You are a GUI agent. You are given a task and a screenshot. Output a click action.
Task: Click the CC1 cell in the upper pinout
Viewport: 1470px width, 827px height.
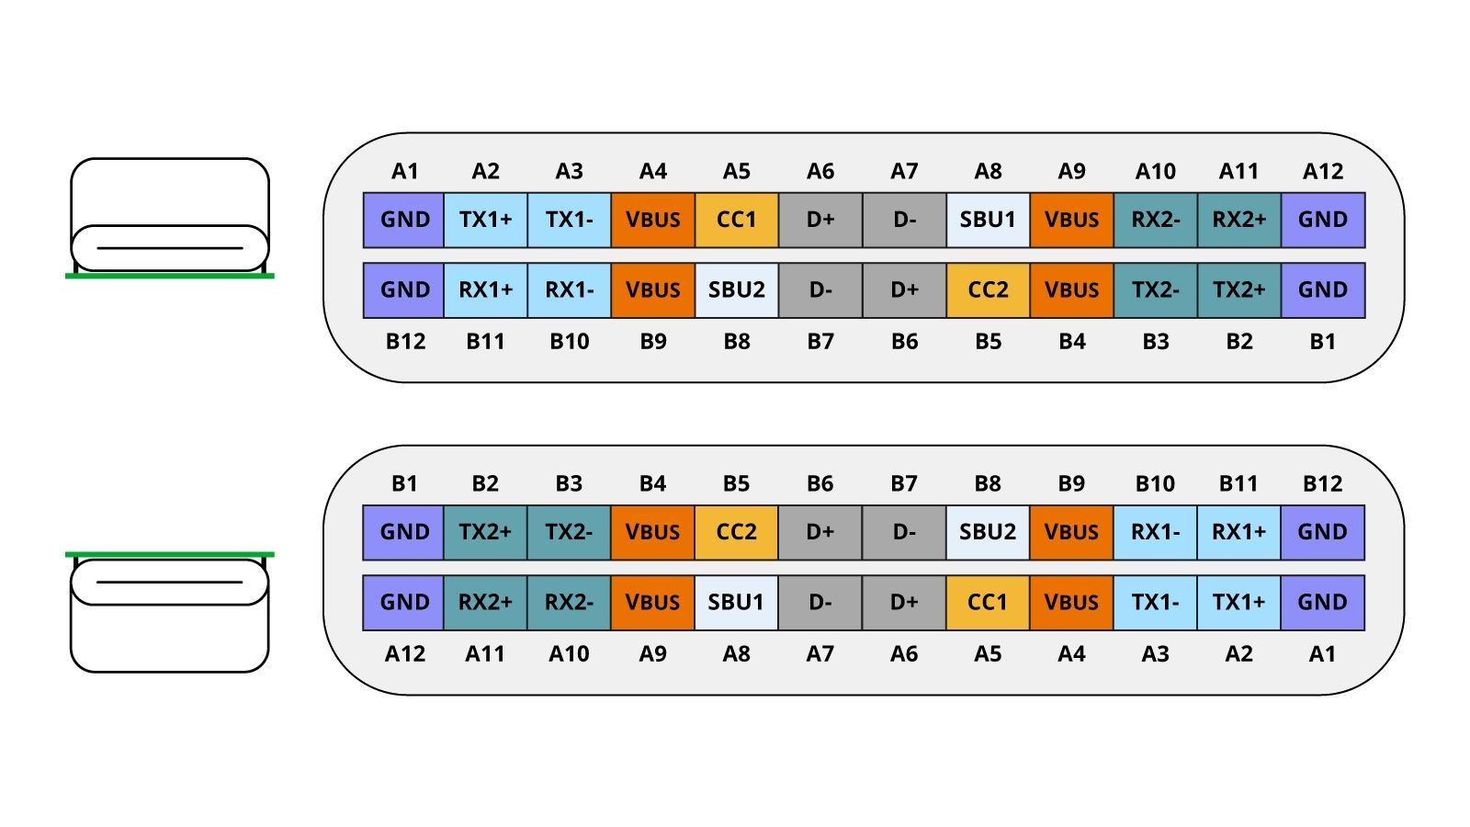[737, 220]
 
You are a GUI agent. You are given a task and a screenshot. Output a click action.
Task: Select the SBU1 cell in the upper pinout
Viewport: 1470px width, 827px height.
[988, 220]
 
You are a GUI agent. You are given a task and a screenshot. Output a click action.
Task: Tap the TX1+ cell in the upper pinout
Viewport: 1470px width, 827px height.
[485, 220]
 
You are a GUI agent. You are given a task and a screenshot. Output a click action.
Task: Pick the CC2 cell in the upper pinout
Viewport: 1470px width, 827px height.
[988, 290]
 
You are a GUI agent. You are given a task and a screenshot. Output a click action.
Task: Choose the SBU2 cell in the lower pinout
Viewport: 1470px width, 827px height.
[988, 532]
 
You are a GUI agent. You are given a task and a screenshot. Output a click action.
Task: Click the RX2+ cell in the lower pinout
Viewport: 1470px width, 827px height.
[485, 603]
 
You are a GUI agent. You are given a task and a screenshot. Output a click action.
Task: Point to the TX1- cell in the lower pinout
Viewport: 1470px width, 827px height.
[1155, 603]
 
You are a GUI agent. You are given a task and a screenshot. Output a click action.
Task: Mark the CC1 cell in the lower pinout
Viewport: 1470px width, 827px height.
[988, 603]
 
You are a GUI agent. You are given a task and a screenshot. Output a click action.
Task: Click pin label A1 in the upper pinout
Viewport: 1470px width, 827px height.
[405, 171]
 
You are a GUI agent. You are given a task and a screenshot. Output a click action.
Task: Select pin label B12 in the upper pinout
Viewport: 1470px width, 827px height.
[405, 342]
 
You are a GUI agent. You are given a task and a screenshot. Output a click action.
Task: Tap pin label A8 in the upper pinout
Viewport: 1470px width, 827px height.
[988, 171]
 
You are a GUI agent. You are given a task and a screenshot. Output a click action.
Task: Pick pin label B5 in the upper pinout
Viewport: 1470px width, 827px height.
[988, 342]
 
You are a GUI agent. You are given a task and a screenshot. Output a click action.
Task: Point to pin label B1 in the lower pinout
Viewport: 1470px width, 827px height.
[405, 483]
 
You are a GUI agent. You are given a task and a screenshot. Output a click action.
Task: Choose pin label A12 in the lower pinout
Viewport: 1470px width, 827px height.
[405, 654]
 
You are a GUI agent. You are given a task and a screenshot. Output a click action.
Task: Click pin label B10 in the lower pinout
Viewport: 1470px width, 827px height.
[1155, 483]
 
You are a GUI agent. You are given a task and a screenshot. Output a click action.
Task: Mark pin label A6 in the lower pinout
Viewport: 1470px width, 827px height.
[904, 654]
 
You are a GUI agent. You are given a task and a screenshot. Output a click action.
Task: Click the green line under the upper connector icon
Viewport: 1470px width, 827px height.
[170, 276]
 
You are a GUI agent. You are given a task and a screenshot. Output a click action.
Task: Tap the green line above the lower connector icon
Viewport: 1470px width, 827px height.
[170, 554]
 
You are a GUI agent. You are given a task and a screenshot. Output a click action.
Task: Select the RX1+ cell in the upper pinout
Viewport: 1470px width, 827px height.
[485, 290]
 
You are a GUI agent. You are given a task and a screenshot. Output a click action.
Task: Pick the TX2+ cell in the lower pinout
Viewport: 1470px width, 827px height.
[485, 532]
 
